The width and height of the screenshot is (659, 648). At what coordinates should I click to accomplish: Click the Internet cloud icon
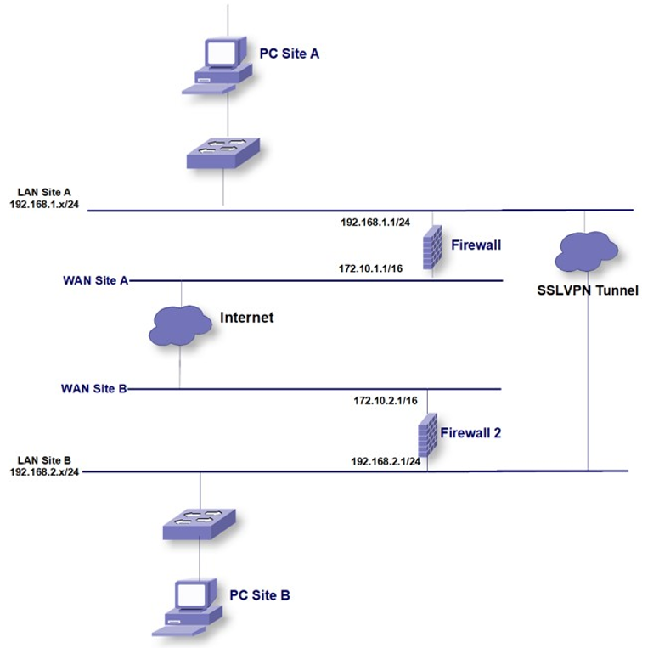click(x=180, y=324)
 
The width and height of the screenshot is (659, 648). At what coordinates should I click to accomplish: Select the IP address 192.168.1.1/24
click(x=376, y=222)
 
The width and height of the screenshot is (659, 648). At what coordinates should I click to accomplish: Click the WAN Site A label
click(x=95, y=280)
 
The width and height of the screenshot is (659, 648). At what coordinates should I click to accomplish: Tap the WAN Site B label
click(x=93, y=388)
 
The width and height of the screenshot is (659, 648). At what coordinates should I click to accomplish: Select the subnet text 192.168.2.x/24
click(x=44, y=472)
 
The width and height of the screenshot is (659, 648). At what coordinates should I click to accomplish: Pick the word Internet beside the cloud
click(x=247, y=318)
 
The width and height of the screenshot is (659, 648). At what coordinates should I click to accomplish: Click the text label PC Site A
click(x=290, y=54)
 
